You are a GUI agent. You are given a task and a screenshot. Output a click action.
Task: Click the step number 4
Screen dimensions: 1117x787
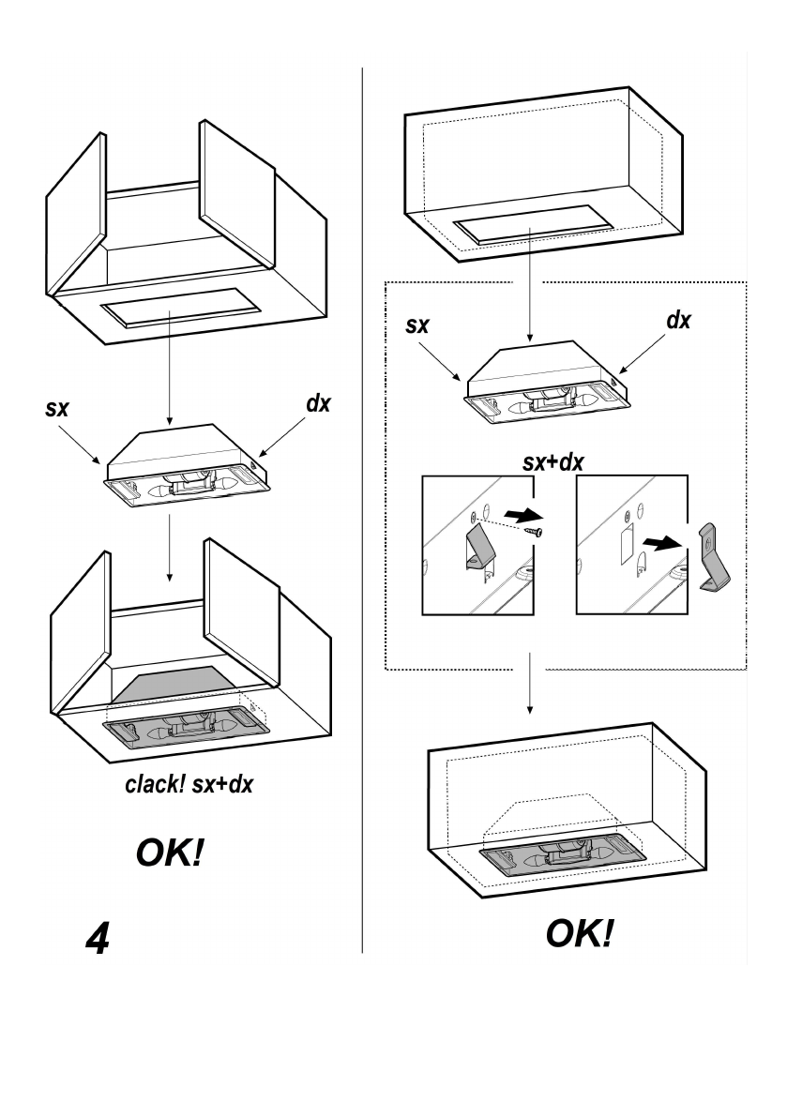(x=97, y=941)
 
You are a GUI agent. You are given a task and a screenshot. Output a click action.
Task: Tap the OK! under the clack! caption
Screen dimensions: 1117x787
(x=170, y=855)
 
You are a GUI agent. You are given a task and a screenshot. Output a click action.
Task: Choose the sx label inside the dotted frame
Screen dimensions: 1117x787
(x=418, y=326)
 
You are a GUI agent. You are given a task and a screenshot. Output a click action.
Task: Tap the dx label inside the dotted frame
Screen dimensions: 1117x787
(x=678, y=320)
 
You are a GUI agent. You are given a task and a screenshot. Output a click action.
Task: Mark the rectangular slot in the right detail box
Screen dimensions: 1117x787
(x=626, y=540)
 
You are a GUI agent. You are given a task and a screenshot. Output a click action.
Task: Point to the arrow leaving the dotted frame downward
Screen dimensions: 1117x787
(x=529, y=685)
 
